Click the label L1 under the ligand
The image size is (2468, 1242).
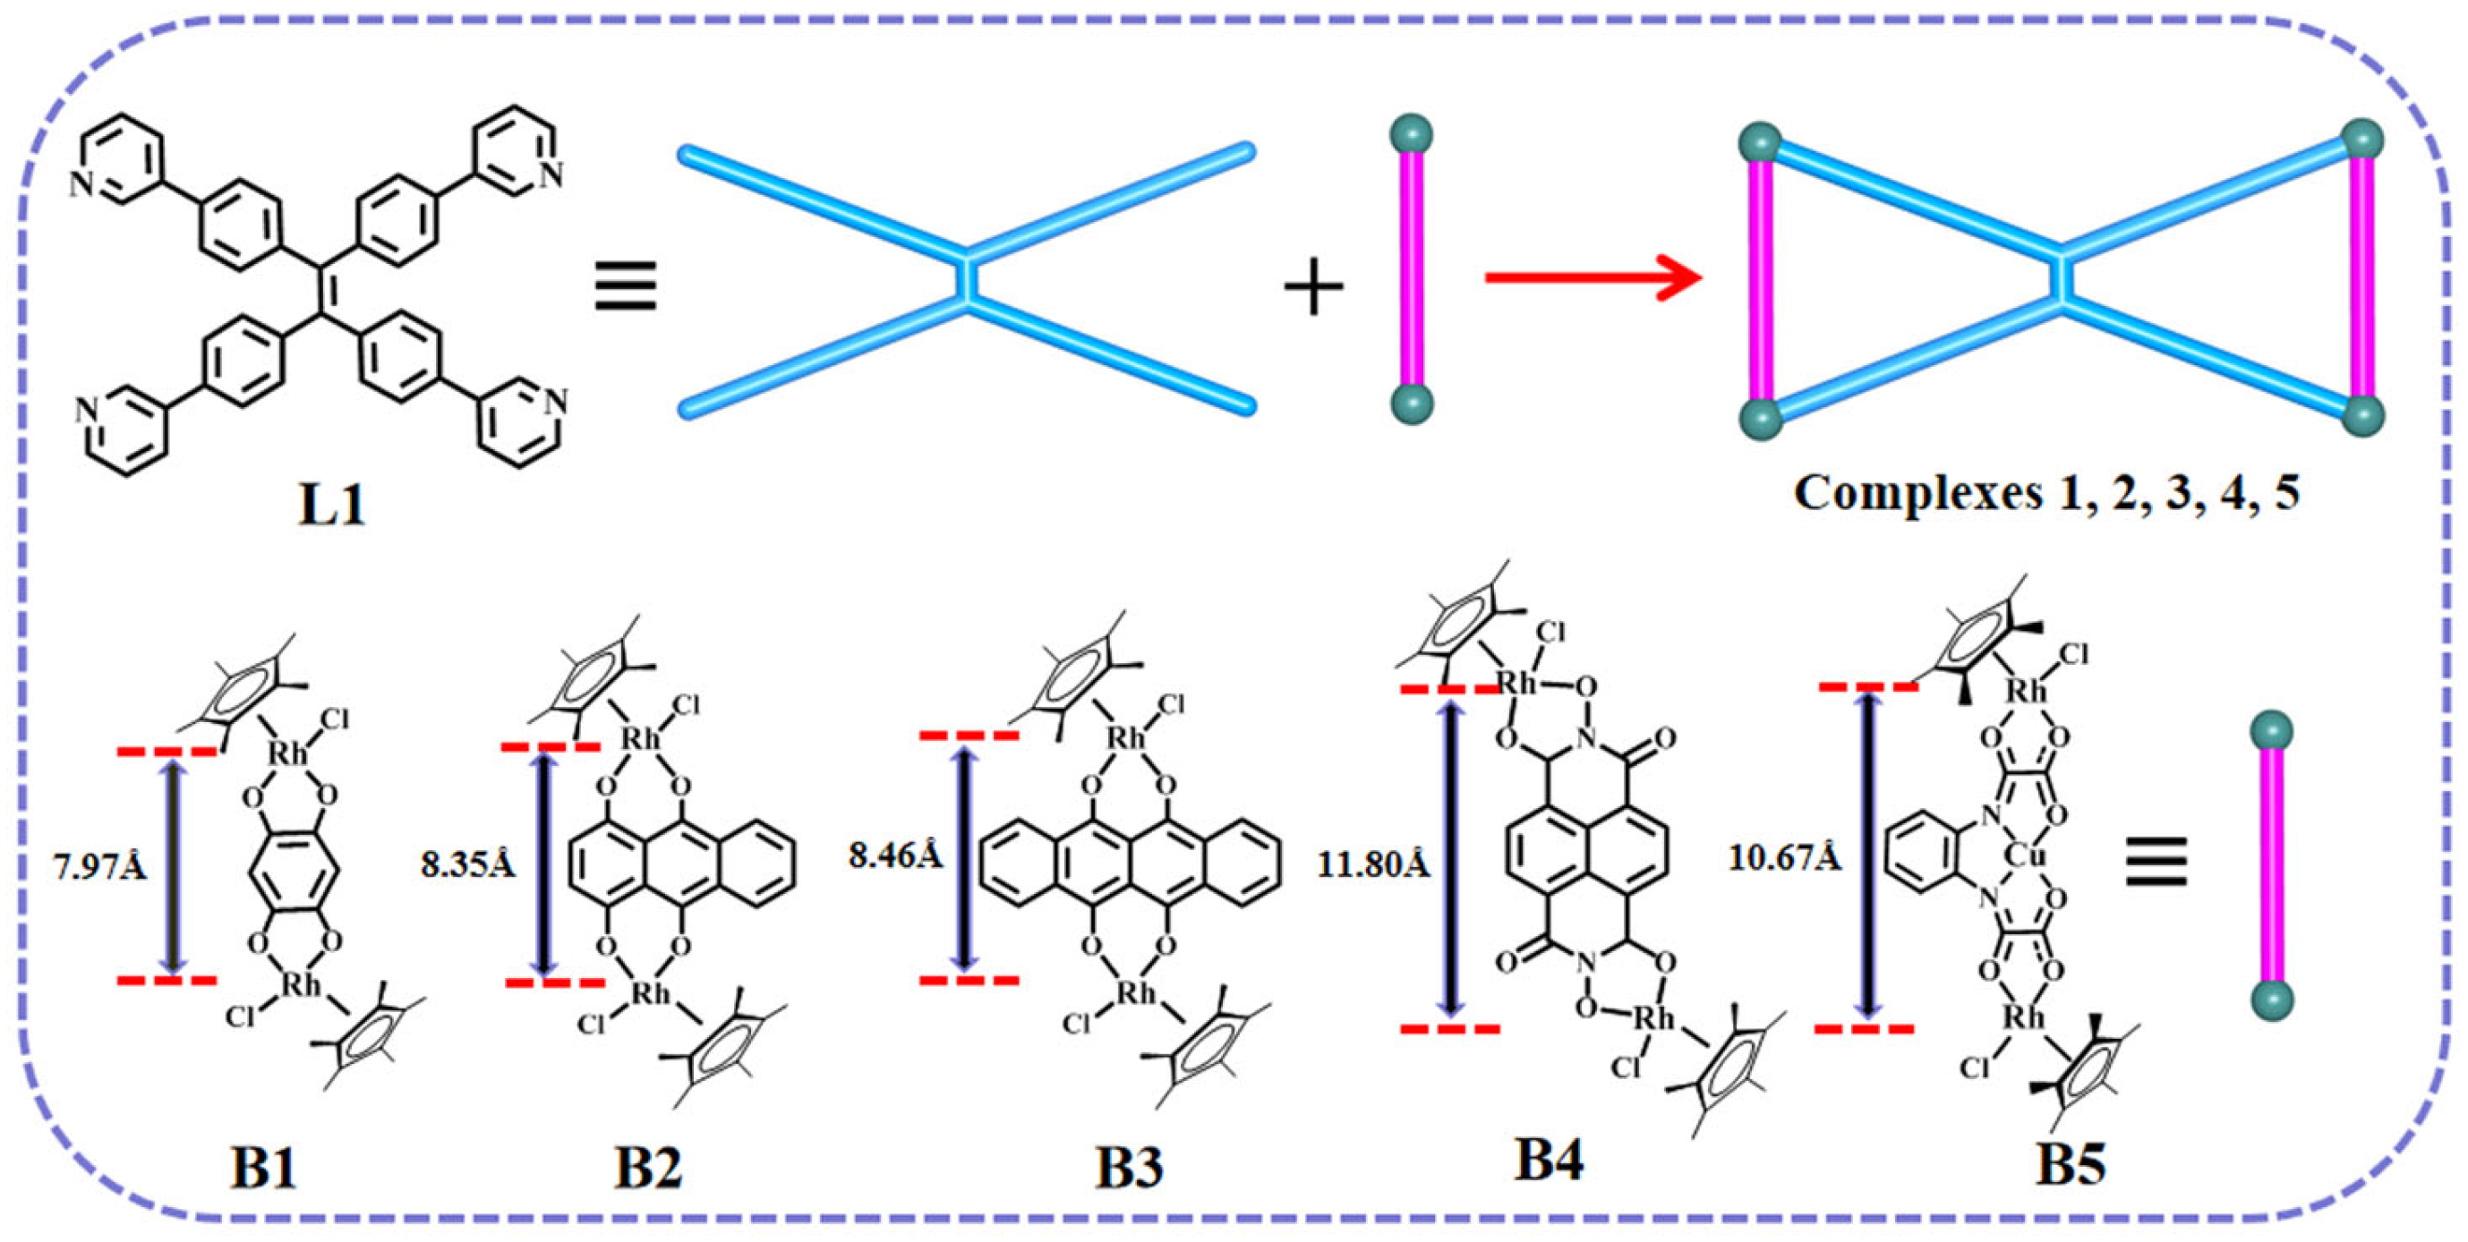[331, 504]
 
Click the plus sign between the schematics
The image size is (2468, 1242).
[1312, 285]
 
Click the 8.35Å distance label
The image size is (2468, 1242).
[467, 863]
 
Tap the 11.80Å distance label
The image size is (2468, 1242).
[1373, 864]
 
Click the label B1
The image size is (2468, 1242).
[265, 1170]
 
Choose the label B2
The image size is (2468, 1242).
[649, 1170]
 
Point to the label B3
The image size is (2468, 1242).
[1130, 1170]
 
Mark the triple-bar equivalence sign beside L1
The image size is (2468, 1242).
[626, 285]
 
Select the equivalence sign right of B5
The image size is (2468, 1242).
[2156, 861]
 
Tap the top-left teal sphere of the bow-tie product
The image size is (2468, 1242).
[1761, 145]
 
